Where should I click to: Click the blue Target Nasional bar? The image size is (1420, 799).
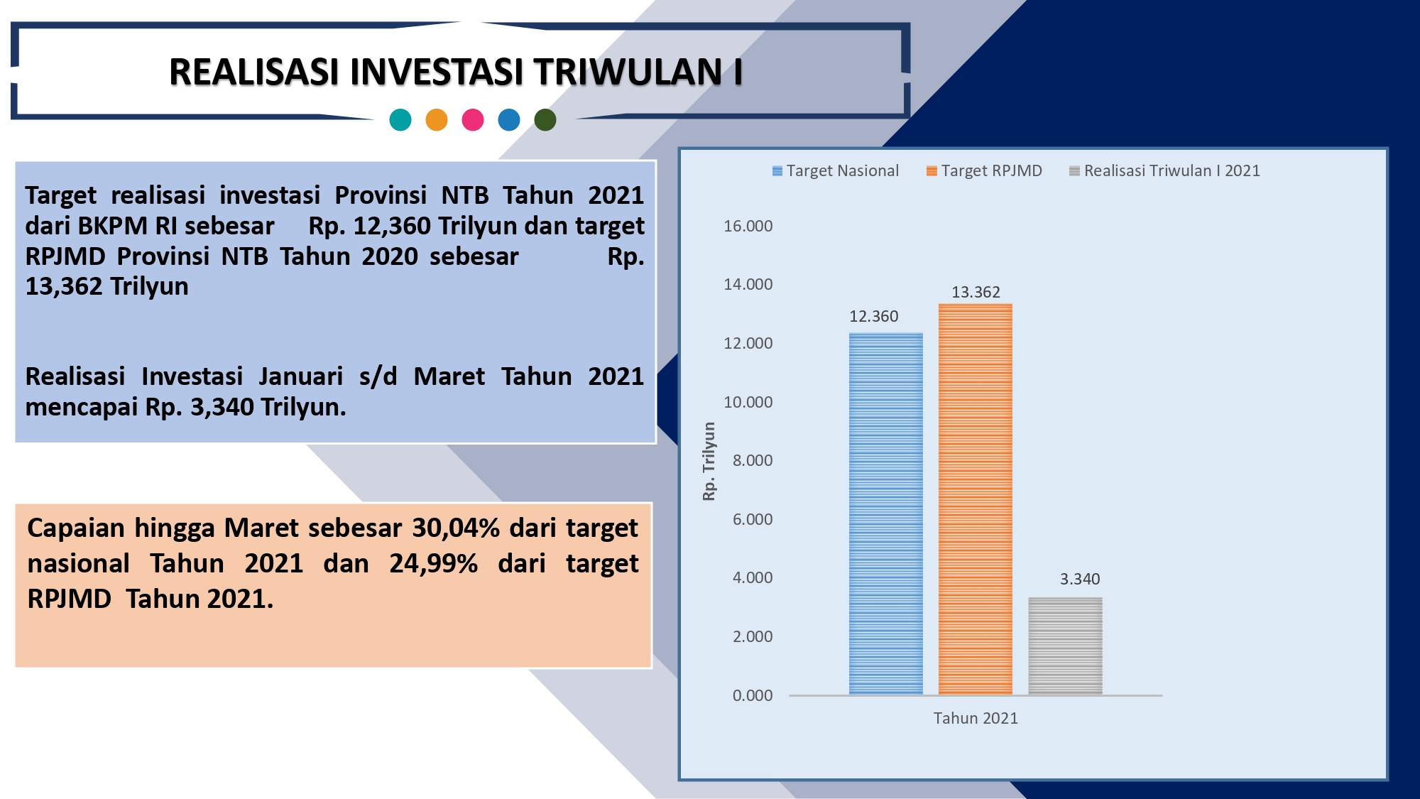[x=886, y=513]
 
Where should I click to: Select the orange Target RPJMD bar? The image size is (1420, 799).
[x=976, y=499]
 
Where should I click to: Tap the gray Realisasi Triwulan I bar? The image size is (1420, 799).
[x=1065, y=646]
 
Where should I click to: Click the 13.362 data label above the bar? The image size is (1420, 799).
[x=976, y=292]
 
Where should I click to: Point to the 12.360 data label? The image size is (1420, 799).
[x=874, y=316]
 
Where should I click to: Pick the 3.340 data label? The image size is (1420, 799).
[x=1080, y=579]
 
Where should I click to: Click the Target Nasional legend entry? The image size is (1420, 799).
[x=836, y=170]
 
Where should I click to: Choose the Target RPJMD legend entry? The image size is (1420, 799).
[x=985, y=170]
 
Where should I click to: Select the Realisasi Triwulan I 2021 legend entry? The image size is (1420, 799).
[x=1164, y=170]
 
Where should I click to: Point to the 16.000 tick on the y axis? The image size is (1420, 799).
[x=748, y=226]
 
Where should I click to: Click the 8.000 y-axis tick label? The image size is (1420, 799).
[x=753, y=460]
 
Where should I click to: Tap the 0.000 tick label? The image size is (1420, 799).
[x=753, y=695]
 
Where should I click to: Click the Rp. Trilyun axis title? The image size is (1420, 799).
[x=709, y=461]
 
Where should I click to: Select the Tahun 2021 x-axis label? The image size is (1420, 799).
[x=976, y=718]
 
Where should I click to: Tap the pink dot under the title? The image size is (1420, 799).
[x=473, y=120]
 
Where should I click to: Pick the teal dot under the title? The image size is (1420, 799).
[x=400, y=120]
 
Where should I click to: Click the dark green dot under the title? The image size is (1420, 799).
[x=545, y=120]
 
